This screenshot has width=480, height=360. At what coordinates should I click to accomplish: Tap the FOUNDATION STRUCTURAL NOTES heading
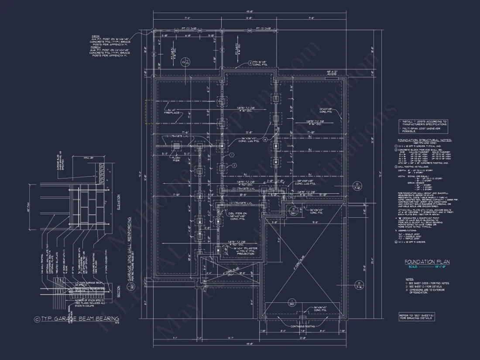pyautogui.click(x=425, y=141)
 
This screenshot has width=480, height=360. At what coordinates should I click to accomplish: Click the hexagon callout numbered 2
pyautogui.click(x=234, y=166)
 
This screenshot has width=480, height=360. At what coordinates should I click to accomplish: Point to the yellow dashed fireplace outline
pyautogui.click(x=149, y=112)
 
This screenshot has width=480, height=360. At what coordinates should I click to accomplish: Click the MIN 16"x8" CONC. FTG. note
pyautogui.click(x=264, y=64)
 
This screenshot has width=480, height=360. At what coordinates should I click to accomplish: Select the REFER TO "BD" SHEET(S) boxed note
pyautogui.click(x=416, y=317)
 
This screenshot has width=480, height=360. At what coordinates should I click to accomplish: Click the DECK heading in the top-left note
pyautogui.click(x=96, y=36)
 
